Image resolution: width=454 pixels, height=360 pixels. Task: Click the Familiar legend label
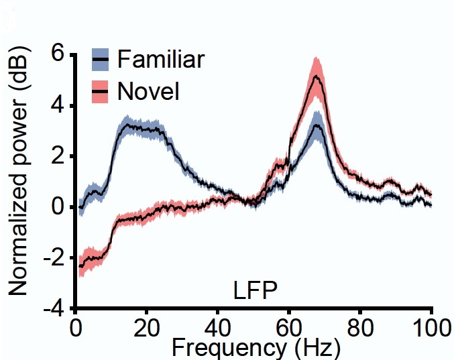(x=160, y=59)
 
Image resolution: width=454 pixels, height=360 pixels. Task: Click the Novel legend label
(x=148, y=91)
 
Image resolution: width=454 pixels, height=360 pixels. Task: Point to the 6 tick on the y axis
(x=58, y=54)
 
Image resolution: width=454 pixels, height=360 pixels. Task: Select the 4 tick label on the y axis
(x=58, y=105)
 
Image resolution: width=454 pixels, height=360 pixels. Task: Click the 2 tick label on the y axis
(x=58, y=156)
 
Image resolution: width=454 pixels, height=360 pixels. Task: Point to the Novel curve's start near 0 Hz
(x=80, y=266)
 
